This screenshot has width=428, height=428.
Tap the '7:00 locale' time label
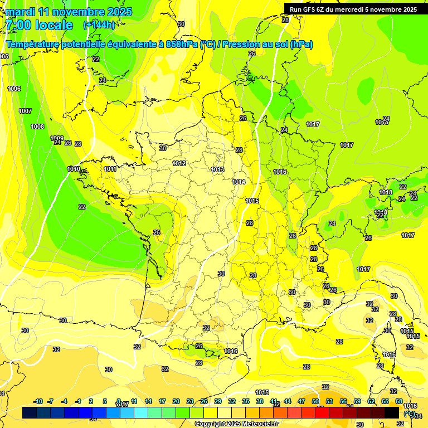(x=38, y=25)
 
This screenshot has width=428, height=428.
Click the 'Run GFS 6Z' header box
(x=353, y=9)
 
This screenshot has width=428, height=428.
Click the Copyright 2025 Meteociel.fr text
(x=236, y=424)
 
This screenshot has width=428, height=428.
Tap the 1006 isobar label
(x=14, y=89)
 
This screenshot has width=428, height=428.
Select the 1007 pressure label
(x=25, y=111)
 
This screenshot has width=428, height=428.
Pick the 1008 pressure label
(x=37, y=127)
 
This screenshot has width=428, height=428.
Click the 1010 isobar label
(x=74, y=169)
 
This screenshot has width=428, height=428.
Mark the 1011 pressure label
(x=110, y=169)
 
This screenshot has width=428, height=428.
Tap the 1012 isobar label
(x=179, y=163)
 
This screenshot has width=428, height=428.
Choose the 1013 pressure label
(x=217, y=169)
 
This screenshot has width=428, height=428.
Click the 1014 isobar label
(x=239, y=182)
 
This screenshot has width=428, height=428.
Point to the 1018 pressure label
(x=385, y=192)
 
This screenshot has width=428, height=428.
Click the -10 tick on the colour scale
(x=38, y=401)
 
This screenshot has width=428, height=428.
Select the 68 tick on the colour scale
(x=398, y=401)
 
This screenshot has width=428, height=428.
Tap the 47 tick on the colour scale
(x=301, y=401)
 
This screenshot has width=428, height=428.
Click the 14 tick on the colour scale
(x=148, y=401)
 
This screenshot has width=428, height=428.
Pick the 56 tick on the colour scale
(x=343, y=401)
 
